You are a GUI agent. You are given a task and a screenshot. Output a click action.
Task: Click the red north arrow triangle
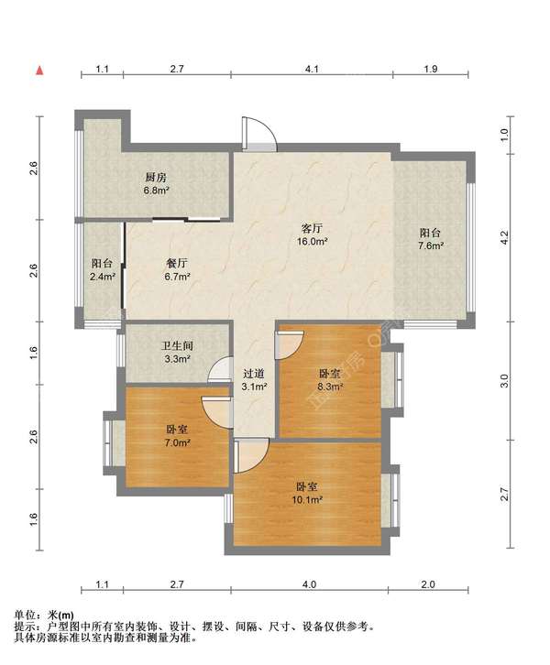click(39, 71)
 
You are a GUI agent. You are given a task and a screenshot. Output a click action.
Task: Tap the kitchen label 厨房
click(156, 178)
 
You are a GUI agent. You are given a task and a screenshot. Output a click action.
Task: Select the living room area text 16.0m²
click(312, 242)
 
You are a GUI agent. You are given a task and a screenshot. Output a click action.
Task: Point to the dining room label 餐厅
click(177, 264)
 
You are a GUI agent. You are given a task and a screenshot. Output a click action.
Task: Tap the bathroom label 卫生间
click(177, 345)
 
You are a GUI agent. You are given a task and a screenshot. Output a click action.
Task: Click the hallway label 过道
click(254, 374)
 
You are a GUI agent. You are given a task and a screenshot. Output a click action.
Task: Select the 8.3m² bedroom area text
click(330, 387)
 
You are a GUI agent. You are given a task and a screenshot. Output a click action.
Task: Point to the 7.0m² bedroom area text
click(177, 442)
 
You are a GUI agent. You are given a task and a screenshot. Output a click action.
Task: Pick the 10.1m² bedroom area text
click(307, 499)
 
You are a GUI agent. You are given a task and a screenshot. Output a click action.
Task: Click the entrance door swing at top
click(258, 134)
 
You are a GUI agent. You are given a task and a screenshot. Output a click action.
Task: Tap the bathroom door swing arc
click(220, 370)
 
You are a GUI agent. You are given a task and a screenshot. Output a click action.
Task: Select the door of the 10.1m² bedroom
click(251, 456)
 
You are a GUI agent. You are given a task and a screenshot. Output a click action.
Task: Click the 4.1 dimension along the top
click(312, 69)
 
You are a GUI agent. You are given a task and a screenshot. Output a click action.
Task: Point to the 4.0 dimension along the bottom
click(309, 584)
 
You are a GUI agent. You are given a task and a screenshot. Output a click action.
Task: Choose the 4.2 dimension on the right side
click(504, 238)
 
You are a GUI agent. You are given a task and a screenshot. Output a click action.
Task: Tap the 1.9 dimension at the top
click(430, 69)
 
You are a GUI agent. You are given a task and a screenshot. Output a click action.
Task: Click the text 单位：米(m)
click(44, 615)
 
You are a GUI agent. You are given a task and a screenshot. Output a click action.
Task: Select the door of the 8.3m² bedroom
click(289, 345)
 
